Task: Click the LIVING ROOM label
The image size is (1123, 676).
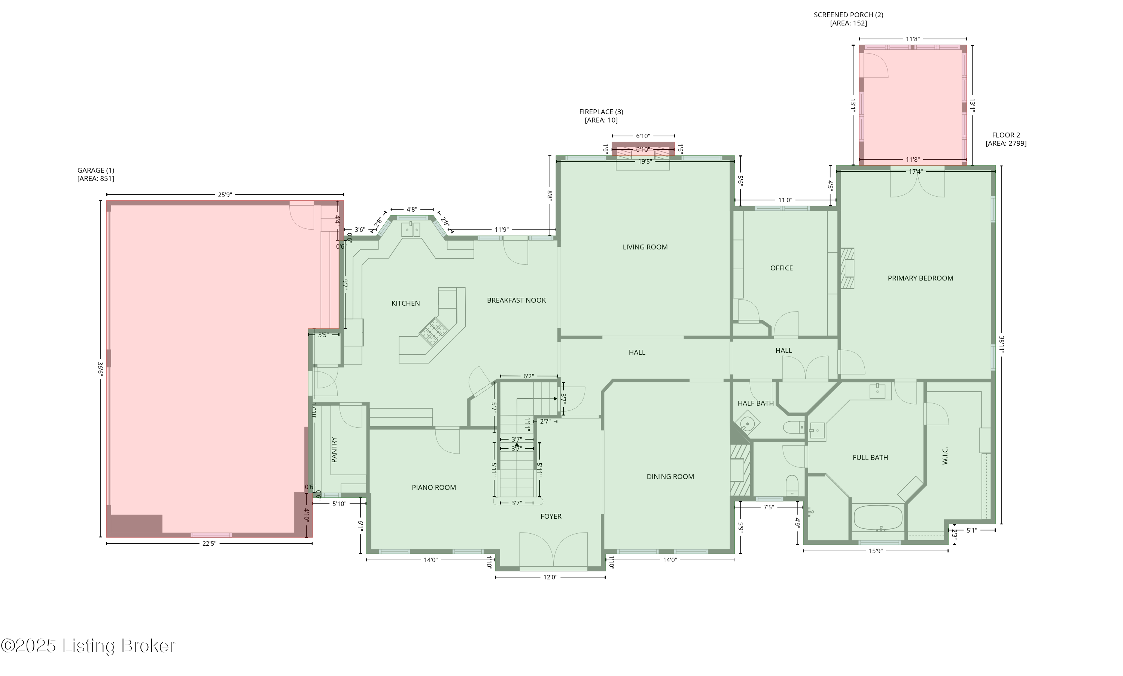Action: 645,247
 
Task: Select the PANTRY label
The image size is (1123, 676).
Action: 334,449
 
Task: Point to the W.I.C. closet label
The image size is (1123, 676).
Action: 944,455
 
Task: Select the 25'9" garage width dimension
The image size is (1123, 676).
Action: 225,194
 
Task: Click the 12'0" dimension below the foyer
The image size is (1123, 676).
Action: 550,577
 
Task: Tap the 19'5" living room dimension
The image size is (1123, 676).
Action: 645,161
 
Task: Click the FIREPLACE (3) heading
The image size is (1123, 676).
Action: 601,112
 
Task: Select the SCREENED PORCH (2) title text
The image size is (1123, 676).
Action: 848,15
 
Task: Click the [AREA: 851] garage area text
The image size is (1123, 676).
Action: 95,179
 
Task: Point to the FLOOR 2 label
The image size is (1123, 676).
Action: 1005,135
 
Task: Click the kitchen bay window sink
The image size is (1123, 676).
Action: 411,229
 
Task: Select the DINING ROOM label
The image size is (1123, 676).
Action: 670,476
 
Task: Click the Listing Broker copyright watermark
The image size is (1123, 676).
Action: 88,646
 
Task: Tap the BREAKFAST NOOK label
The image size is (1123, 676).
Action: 516,300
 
